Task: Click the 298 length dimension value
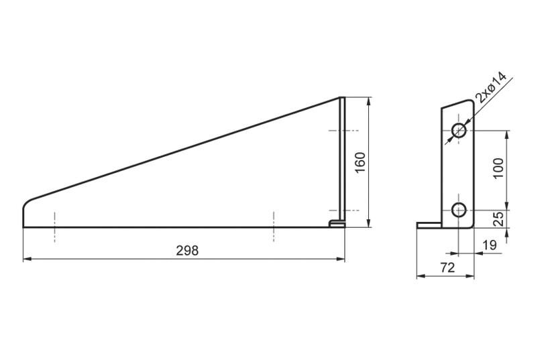pyautogui.click(x=187, y=251)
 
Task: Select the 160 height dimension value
pyautogui.click(x=360, y=163)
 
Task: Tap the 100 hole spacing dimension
pyautogui.click(x=498, y=168)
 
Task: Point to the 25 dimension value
pyautogui.click(x=498, y=219)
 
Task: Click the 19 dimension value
pyautogui.click(x=489, y=245)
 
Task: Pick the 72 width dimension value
pyautogui.click(x=447, y=267)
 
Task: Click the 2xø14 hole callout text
pyautogui.click(x=490, y=88)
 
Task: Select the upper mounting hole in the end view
pyautogui.click(x=459, y=131)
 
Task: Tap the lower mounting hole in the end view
pyautogui.click(x=459, y=210)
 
